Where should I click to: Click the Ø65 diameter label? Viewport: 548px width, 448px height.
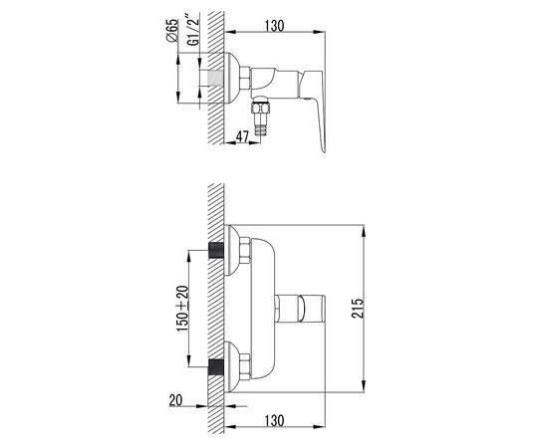172,31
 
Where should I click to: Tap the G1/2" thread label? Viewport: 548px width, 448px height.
193,30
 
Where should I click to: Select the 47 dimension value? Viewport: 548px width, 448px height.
242,136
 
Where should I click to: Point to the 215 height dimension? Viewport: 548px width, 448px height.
358,308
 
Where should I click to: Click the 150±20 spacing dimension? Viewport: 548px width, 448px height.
182,309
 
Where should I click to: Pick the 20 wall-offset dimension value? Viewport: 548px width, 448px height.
175,400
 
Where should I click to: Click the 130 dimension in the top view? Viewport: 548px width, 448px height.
274,26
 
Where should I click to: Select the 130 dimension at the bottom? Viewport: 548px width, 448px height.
274,421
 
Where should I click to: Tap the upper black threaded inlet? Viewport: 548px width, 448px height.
216,250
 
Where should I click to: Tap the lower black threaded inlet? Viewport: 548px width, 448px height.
216,367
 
